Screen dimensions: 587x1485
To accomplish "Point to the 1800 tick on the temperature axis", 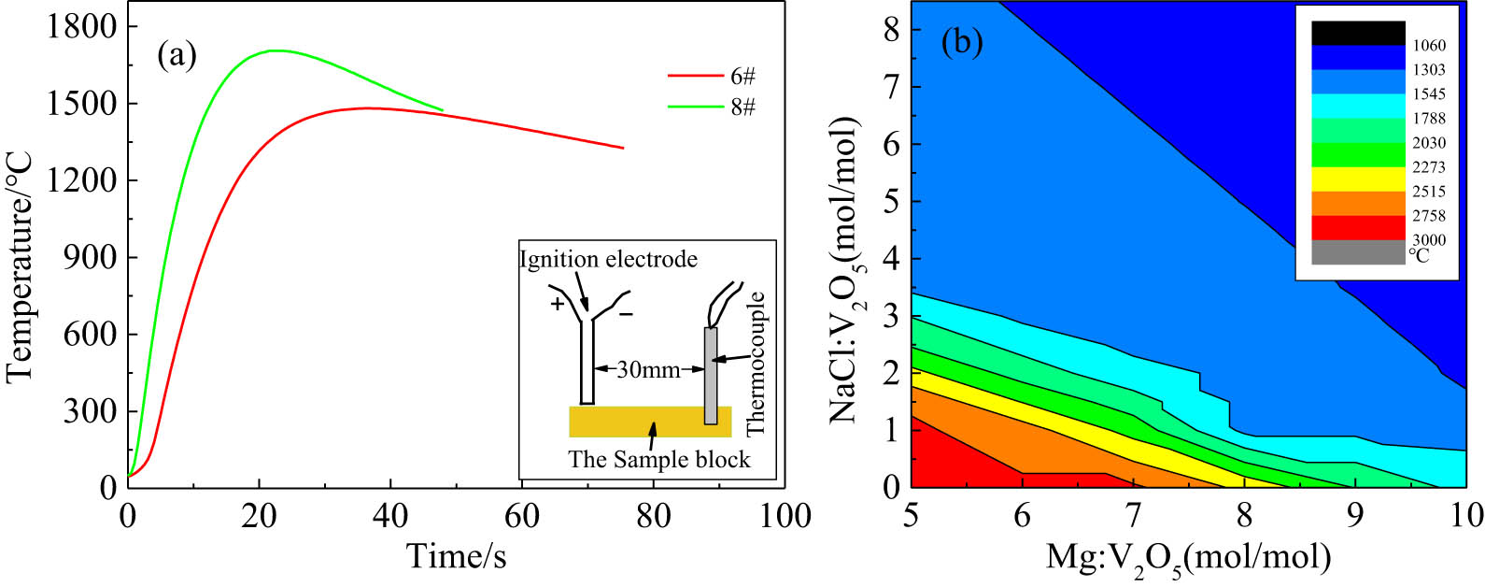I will (x=83, y=27).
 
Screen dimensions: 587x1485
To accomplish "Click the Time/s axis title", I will (x=457, y=556).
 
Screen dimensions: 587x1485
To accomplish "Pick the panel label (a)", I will (x=177, y=56).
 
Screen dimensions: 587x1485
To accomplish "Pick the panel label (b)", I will (x=962, y=43).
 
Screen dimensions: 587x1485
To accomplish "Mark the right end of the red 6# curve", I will (x=622, y=148).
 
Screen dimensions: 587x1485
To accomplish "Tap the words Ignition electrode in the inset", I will (x=608, y=259).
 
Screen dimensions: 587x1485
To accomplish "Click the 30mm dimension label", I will (x=649, y=369).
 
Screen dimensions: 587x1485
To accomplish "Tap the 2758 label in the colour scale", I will (x=1428, y=216).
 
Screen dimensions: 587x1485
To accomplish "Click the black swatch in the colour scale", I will (x=1358, y=33).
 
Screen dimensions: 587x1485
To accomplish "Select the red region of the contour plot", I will (x=943, y=458).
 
